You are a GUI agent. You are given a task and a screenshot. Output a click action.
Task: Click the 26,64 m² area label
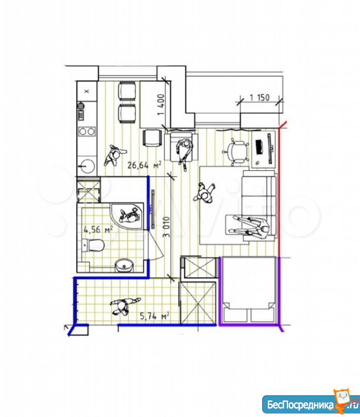(144, 165)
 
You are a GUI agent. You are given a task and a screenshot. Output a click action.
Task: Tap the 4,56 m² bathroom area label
(98, 229)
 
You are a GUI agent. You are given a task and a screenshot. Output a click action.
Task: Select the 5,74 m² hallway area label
(155, 316)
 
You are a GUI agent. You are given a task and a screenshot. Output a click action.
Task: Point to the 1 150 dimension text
(260, 97)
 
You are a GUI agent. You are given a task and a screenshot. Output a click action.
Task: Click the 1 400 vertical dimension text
(161, 105)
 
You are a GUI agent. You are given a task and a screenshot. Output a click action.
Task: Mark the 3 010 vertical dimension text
(166, 227)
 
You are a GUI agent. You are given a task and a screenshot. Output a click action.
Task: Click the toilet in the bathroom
(93, 245)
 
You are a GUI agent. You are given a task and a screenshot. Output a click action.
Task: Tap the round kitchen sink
(87, 166)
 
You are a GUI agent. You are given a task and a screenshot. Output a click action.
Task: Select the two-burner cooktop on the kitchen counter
(87, 131)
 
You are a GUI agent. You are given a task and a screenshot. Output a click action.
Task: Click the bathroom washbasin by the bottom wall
(124, 265)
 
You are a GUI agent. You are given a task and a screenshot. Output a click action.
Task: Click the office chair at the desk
(236, 151)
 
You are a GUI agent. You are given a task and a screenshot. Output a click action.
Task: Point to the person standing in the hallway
(124, 306)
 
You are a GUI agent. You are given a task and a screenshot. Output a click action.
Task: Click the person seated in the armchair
(184, 150)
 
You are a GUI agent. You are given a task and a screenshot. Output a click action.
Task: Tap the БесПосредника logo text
(300, 405)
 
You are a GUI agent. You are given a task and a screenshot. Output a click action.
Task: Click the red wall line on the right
(279, 189)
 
